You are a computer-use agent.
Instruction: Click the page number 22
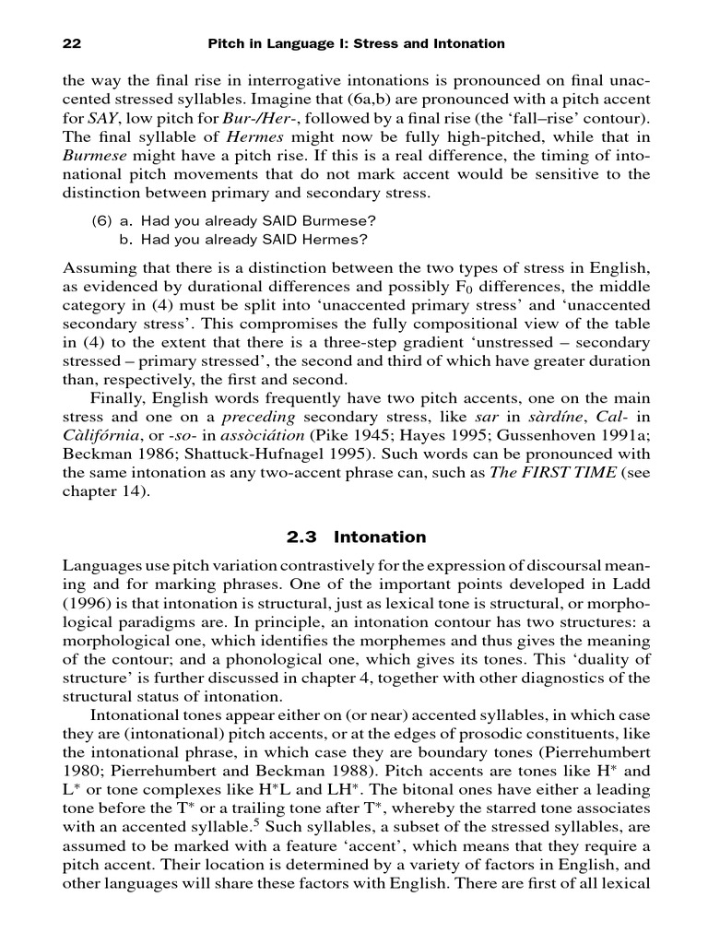70,43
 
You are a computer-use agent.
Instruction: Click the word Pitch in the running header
230,43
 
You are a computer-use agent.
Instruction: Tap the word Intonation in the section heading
380,537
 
